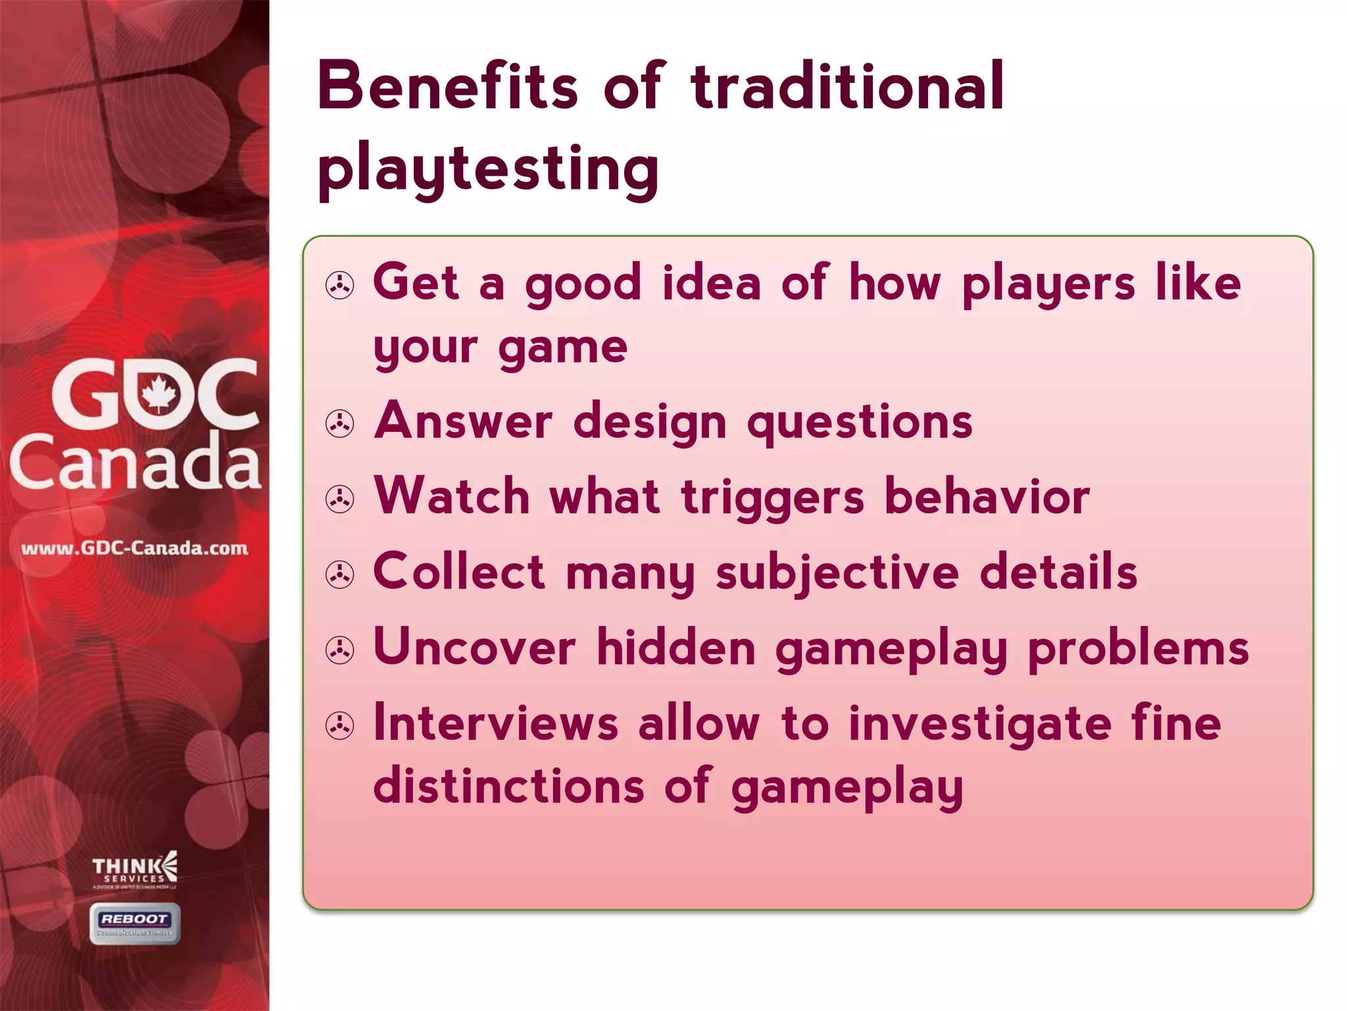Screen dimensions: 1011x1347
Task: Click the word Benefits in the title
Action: pyautogui.click(x=448, y=86)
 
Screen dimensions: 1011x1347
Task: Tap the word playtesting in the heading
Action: pyautogui.click(x=488, y=169)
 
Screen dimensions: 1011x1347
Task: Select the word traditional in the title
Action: pyautogui.click(x=847, y=86)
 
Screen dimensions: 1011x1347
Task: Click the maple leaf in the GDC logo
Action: pyautogui.click(x=159, y=394)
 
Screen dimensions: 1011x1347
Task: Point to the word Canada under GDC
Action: pyautogui.click(x=135, y=463)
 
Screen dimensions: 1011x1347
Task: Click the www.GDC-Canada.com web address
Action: pyautogui.click(x=135, y=548)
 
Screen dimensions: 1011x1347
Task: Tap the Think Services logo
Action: pyautogui.click(x=135, y=871)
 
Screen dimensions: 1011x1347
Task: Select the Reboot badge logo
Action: pyautogui.click(x=135, y=923)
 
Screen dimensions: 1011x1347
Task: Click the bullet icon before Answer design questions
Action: pyautogui.click(x=340, y=424)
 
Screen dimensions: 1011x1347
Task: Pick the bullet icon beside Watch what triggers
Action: pyautogui.click(x=340, y=499)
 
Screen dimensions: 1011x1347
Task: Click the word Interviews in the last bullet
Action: pyautogui.click(x=496, y=723)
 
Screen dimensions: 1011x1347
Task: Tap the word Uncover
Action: pyautogui.click(x=474, y=648)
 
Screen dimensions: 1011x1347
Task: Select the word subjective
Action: pyautogui.click(x=837, y=573)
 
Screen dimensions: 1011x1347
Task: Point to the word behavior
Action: pyautogui.click(x=987, y=496)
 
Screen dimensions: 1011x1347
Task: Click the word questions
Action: pyautogui.click(x=860, y=422)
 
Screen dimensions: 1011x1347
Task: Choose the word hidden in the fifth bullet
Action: pyautogui.click(x=676, y=648)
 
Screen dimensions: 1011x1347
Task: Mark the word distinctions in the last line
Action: pyautogui.click(x=508, y=786)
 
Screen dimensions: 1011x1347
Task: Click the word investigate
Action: pyautogui.click(x=980, y=723)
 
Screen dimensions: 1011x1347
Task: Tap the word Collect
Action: pyautogui.click(x=458, y=571)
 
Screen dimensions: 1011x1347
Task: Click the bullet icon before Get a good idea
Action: pyautogui.click(x=340, y=286)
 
